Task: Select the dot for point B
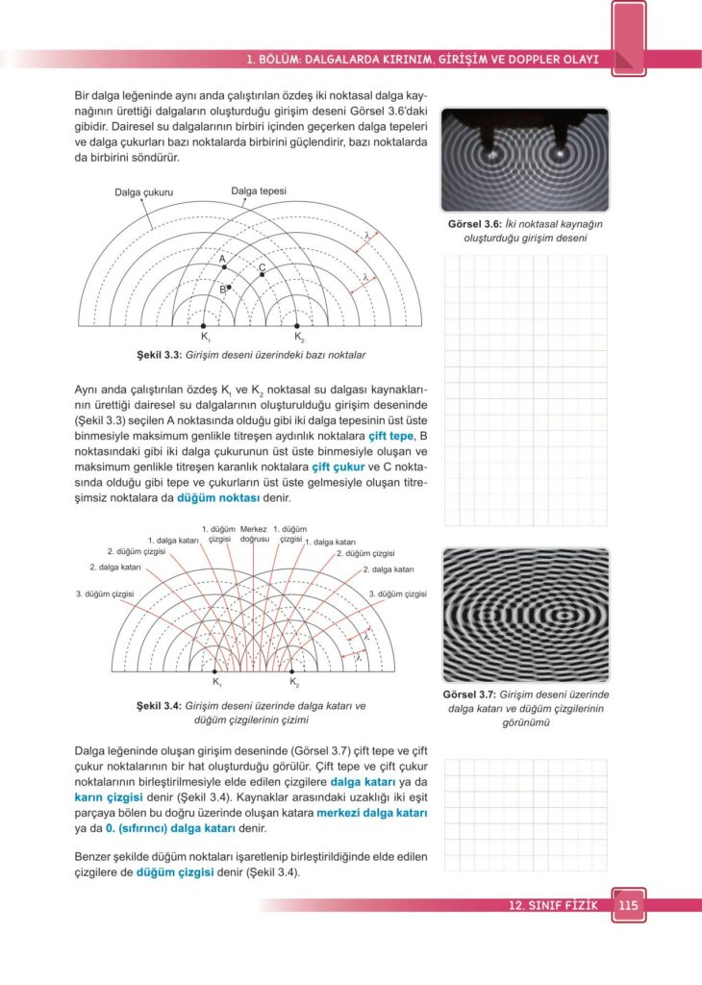(229, 287)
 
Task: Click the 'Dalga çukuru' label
(143, 192)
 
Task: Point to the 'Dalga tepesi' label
(259, 190)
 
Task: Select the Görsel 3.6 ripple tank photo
(525, 160)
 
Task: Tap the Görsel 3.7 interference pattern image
(526, 615)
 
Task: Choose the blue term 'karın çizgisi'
(110, 797)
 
